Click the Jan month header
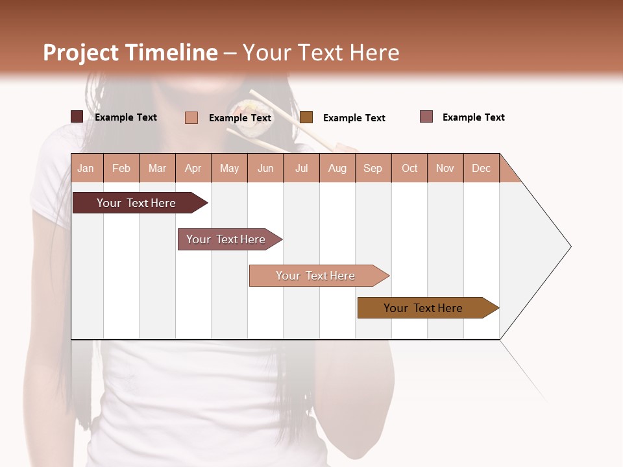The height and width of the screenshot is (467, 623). [x=86, y=168]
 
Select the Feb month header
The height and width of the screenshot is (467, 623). [x=121, y=168]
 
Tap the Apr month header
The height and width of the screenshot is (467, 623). [x=193, y=168]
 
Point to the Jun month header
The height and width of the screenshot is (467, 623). [x=265, y=168]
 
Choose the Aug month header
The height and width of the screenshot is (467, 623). [x=337, y=168]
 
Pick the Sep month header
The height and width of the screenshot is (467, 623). [x=373, y=168]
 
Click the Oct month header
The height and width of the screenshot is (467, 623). [x=409, y=168]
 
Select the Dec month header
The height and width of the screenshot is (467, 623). [x=481, y=168]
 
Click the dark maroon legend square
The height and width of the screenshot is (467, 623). [x=77, y=117]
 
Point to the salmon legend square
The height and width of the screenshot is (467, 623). [x=191, y=117]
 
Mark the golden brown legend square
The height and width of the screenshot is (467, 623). [x=306, y=117]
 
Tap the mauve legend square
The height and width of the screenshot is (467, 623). [x=426, y=117]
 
